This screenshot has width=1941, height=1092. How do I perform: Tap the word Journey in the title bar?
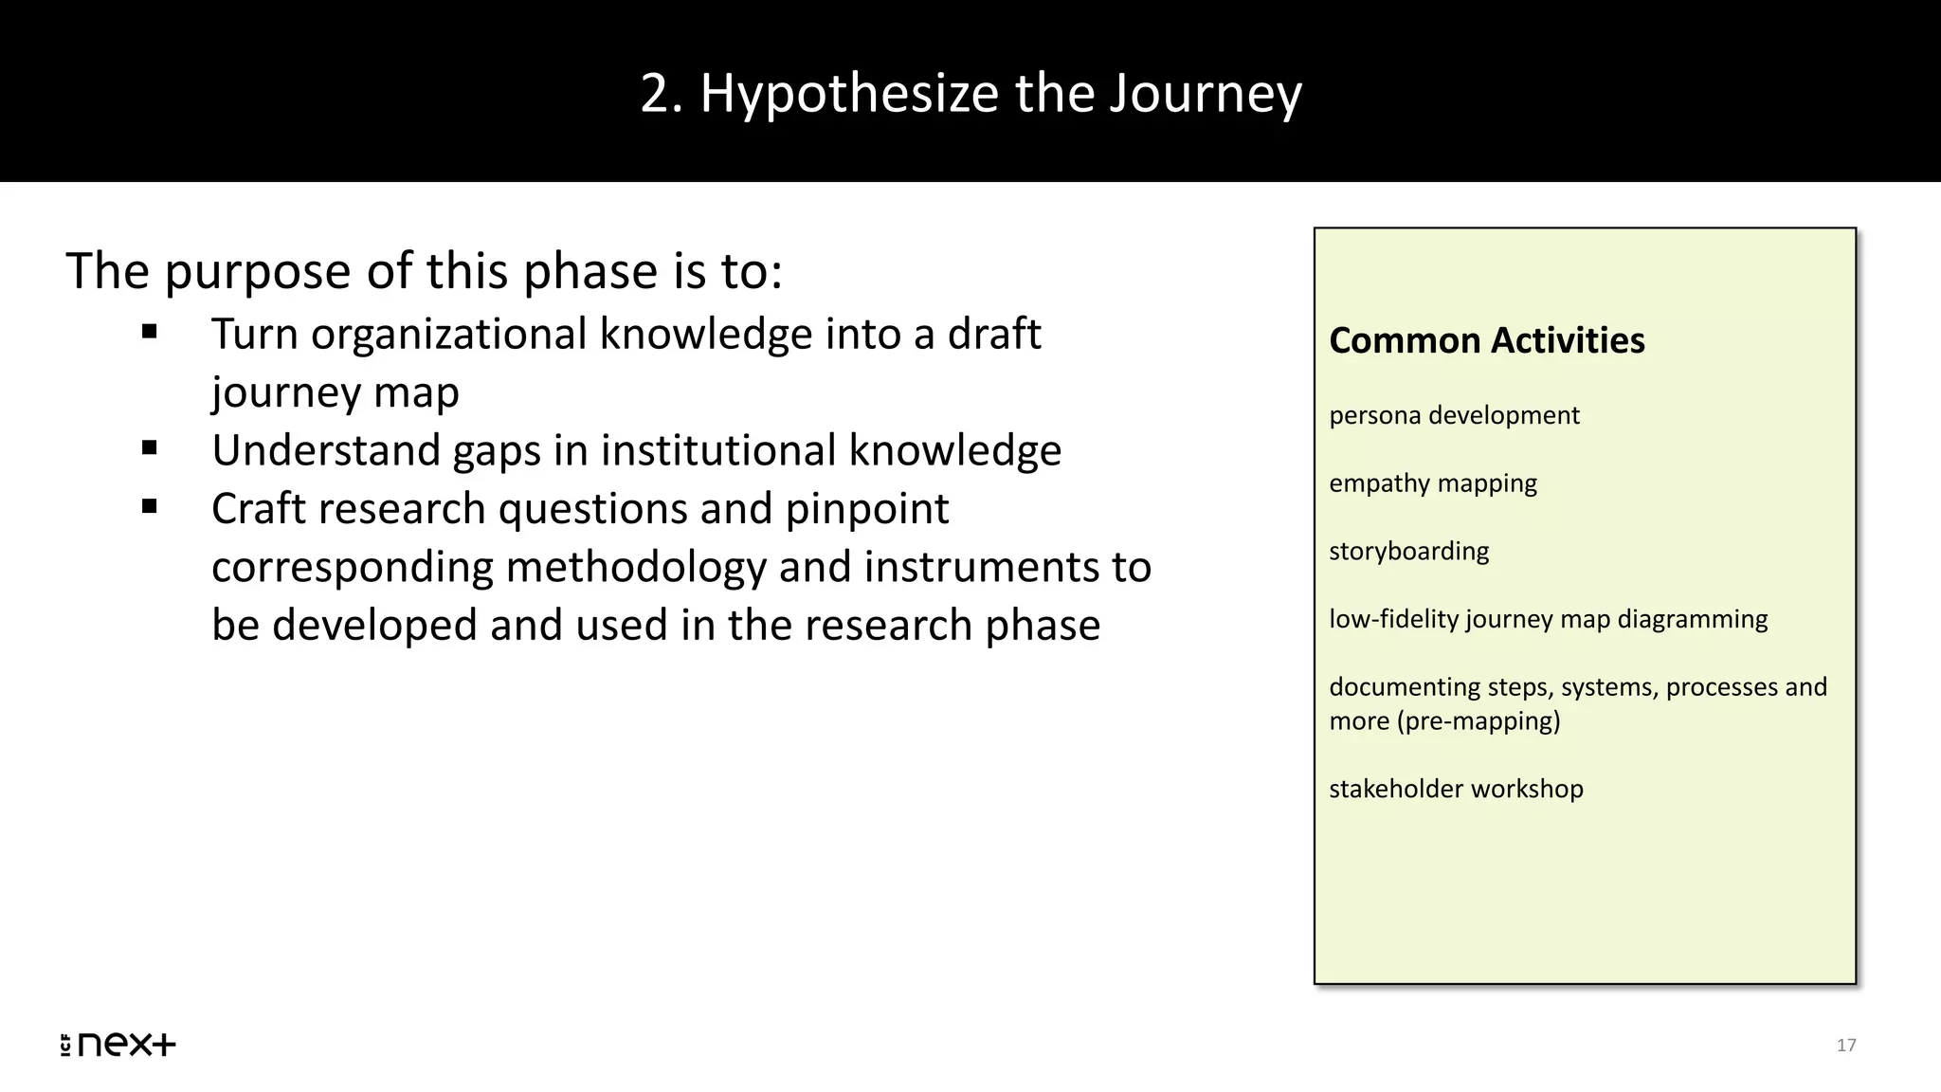[1206, 94]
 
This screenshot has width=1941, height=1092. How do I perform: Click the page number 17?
[1846, 1045]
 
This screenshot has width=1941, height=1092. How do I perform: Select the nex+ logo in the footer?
[118, 1044]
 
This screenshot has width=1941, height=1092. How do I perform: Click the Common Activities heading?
[1486, 340]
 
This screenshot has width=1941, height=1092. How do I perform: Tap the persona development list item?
[1454, 415]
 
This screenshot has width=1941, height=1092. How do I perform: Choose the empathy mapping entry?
[1432, 483]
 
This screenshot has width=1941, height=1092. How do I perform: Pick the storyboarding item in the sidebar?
[1408, 551]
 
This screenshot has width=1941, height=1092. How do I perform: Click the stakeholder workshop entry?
[1456, 789]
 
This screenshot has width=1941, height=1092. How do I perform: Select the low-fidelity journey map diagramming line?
[1548, 619]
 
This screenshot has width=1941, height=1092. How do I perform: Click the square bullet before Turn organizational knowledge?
[149, 333]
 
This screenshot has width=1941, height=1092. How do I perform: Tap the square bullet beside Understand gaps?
[149, 448]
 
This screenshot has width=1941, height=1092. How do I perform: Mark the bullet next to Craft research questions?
[149, 507]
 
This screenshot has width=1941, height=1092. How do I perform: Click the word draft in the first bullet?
[994, 334]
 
